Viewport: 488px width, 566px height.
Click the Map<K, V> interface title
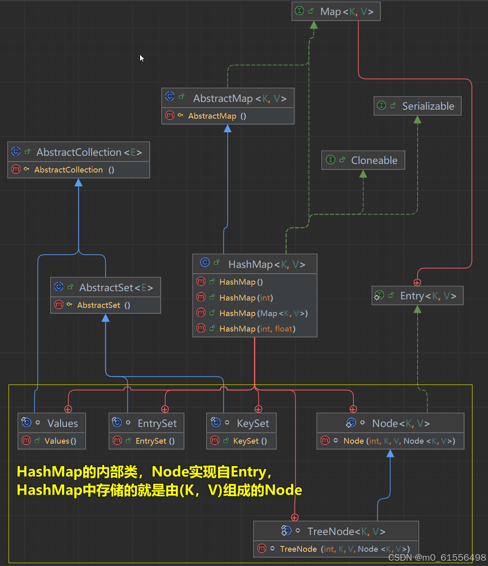tap(346, 12)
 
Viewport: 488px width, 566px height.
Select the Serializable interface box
tap(417, 106)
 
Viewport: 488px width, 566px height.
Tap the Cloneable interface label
tap(374, 160)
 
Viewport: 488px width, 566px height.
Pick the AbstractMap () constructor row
tap(217, 116)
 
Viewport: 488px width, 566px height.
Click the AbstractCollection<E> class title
tap(89, 152)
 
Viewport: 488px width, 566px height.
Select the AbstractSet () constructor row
tap(103, 305)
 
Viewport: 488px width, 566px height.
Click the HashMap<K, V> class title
tap(266, 265)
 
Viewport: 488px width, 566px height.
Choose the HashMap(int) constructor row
tap(246, 298)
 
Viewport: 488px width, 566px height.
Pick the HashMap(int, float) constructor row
tap(257, 329)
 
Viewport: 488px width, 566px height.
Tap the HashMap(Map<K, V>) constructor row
tap(263, 313)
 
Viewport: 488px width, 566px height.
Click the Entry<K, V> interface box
tap(417, 296)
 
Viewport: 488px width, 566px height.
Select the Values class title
tap(62, 423)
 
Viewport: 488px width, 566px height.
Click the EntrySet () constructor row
tap(155, 441)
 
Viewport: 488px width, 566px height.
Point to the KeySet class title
tap(252, 423)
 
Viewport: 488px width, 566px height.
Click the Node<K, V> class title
tap(400, 423)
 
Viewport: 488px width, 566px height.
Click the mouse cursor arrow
tap(142, 58)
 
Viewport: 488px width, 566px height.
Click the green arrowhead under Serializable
tap(417, 120)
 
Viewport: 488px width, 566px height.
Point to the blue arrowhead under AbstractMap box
tap(227, 129)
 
